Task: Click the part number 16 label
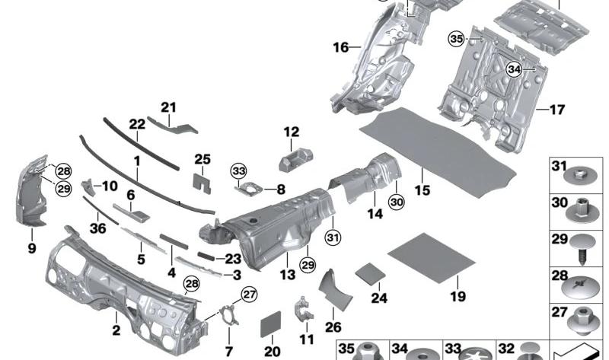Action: point(340,47)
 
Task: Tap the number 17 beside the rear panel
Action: point(557,110)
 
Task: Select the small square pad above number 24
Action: point(370,274)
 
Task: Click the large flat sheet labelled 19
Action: point(431,258)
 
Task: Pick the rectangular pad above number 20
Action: point(271,324)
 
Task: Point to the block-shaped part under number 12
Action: point(296,159)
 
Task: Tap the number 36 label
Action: point(97,228)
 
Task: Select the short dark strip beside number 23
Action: point(206,256)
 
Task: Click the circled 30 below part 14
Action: point(397,202)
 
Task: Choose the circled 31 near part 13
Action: point(333,237)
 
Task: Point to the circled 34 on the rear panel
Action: point(514,69)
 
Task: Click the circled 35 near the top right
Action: point(456,39)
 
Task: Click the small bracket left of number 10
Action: point(88,186)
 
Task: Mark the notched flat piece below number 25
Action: point(202,183)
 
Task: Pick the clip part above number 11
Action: point(303,310)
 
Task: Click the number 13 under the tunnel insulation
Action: point(288,275)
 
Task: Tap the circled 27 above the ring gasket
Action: point(249,295)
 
